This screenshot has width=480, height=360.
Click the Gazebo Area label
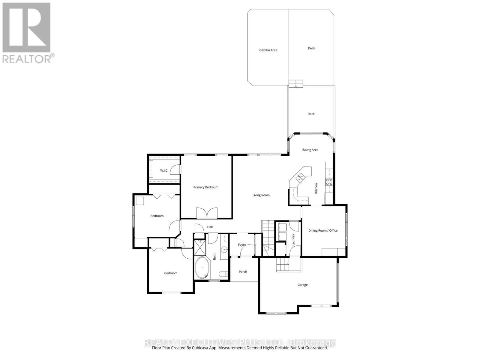(x=268, y=50)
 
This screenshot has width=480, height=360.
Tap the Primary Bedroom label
(x=205, y=187)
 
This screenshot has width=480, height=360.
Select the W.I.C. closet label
(x=164, y=170)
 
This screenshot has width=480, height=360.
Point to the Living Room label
(x=261, y=195)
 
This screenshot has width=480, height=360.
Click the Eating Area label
(x=310, y=150)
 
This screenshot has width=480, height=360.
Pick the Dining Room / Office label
(x=323, y=230)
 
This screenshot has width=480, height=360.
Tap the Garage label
(x=302, y=285)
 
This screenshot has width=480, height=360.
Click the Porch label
(x=243, y=272)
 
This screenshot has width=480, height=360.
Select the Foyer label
(x=242, y=245)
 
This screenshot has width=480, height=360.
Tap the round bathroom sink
(x=224, y=249)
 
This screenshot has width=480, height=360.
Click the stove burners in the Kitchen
(x=329, y=181)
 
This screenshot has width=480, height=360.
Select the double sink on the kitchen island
(x=300, y=178)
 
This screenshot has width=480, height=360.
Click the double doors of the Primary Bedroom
(x=207, y=213)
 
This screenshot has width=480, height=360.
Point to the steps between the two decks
(x=296, y=83)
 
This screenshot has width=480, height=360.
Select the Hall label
(x=210, y=227)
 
